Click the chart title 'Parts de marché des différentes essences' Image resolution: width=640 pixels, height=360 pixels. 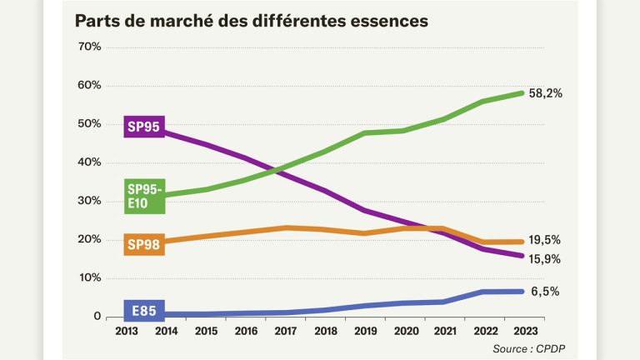click(251, 21)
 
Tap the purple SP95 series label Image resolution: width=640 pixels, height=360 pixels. click(142, 127)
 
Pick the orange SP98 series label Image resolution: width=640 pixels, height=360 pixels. click(142, 244)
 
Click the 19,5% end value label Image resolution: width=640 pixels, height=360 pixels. click(545, 240)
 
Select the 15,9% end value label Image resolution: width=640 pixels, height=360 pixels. click(545, 259)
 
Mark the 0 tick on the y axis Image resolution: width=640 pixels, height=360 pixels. click(97, 317)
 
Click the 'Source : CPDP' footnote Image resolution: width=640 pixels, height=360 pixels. click(532, 347)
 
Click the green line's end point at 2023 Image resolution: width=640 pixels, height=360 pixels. click(522, 92)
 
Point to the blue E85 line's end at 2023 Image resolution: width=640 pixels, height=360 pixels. click(522, 292)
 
